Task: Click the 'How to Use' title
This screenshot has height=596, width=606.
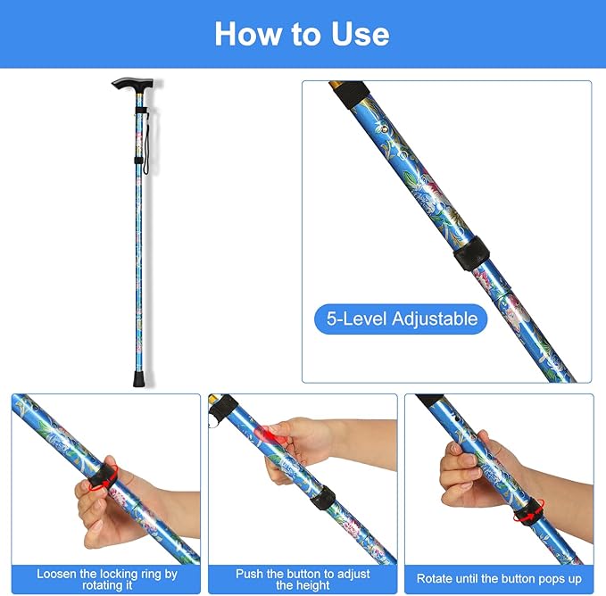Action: tap(302, 34)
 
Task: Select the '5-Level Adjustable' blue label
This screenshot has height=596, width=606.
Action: tap(401, 319)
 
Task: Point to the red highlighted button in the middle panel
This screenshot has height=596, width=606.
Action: tap(270, 435)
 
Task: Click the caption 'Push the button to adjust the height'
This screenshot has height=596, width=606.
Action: tap(303, 579)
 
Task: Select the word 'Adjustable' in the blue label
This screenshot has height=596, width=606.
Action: tap(436, 319)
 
